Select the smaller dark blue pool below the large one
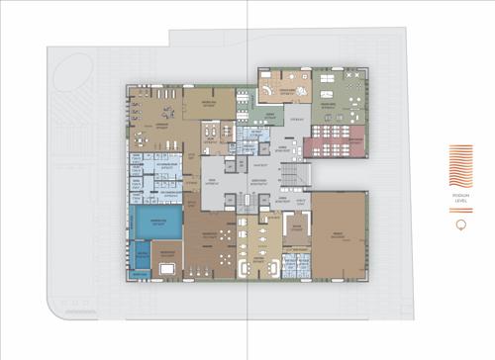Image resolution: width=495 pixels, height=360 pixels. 142,259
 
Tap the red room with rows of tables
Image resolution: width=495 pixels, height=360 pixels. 335,147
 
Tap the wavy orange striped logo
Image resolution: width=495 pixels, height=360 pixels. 461,165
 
